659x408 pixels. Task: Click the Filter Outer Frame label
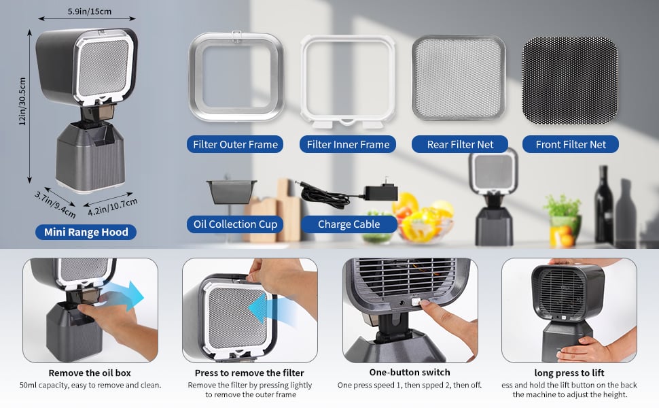click(x=235, y=144)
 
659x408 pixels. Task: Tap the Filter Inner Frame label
click(x=348, y=144)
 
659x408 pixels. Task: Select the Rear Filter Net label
click(x=460, y=144)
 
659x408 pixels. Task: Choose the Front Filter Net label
click(x=570, y=144)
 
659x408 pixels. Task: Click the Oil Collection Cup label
click(x=235, y=224)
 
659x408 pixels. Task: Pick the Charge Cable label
click(x=349, y=224)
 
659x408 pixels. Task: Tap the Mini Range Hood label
click(x=86, y=232)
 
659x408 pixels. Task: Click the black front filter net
click(x=570, y=81)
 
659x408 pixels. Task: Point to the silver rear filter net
click(x=459, y=78)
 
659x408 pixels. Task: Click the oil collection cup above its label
click(x=231, y=192)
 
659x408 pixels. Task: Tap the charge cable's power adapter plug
click(x=380, y=191)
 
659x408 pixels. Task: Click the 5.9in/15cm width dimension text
click(x=90, y=12)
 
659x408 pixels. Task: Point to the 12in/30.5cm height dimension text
click(x=22, y=101)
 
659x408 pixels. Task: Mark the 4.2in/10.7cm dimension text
click(x=113, y=207)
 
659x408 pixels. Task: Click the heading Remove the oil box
click(x=90, y=373)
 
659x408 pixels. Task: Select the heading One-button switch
click(x=410, y=372)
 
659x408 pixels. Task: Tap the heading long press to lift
click(x=569, y=373)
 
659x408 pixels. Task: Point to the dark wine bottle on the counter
click(x=603, y=205)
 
